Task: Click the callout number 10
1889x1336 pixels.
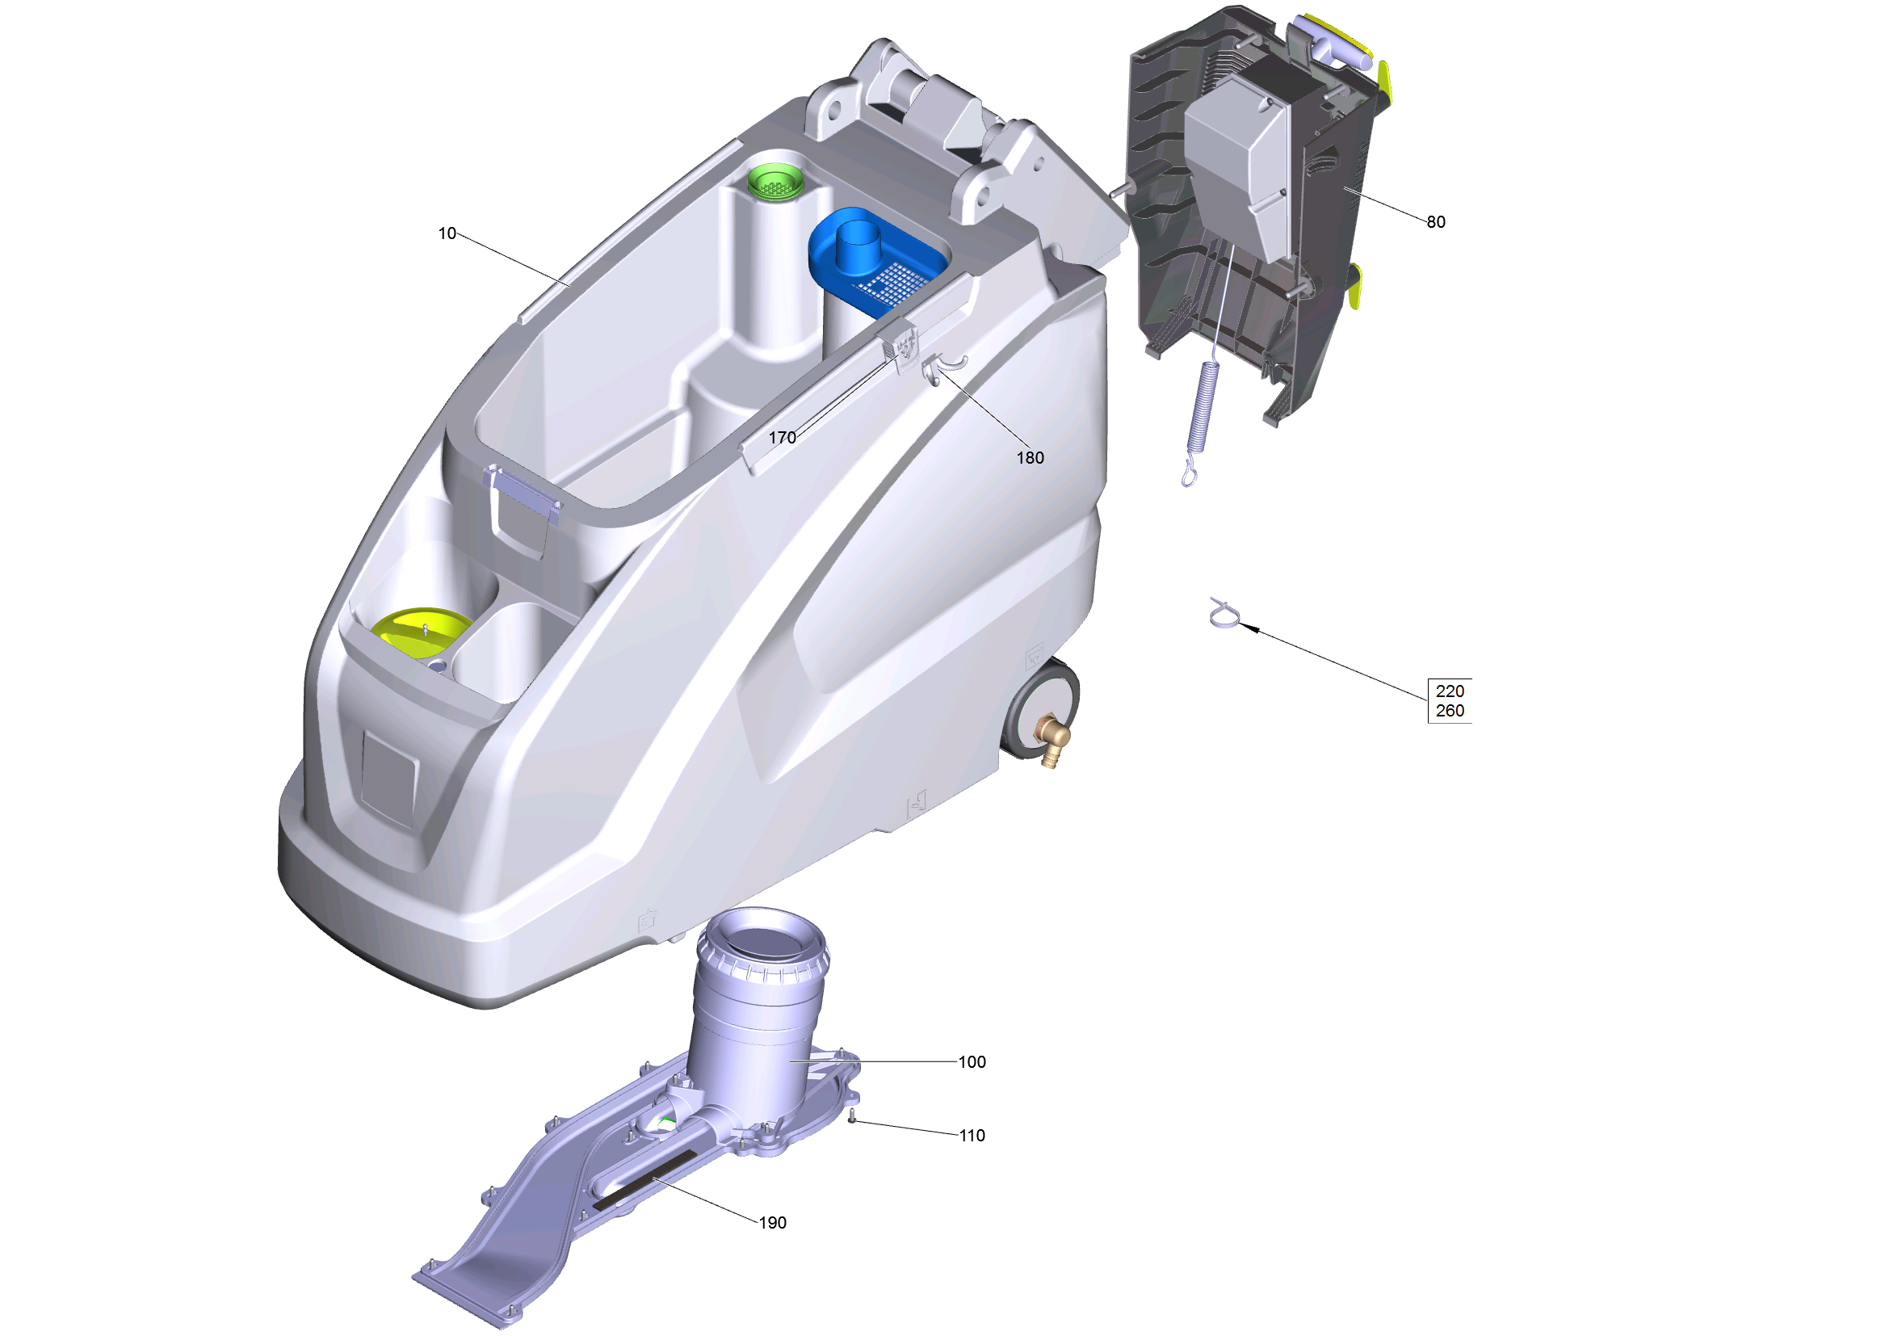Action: coord(447,233)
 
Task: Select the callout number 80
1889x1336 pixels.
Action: coord(1436,222)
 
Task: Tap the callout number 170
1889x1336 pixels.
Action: coord(783,438)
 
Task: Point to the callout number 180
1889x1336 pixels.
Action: coord(1030,458)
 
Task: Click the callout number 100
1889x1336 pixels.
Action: coord(972,1062)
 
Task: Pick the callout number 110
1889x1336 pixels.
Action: coord(972,1136)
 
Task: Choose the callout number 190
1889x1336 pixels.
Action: coord(773,1223)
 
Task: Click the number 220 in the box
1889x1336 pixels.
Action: coord(1450,692)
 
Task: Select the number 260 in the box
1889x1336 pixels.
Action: coord(1450,711)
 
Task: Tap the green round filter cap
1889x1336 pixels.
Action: coord(776,181)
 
